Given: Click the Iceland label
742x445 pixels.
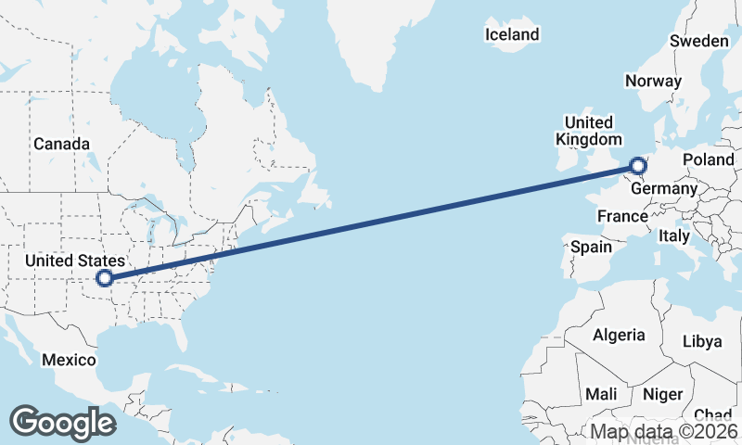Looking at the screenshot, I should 511,35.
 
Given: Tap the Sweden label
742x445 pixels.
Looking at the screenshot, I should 699,41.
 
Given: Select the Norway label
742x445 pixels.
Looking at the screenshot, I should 653,81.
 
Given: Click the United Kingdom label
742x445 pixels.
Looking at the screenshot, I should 588,131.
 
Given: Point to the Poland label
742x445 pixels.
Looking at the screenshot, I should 708,159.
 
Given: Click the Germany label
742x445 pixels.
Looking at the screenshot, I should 663,189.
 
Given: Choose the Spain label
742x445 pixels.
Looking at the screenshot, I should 591,248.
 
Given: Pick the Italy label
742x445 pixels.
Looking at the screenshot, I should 673,236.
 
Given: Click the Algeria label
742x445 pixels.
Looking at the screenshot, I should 619,335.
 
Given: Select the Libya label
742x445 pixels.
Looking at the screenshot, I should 701,341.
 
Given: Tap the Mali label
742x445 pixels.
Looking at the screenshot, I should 601,394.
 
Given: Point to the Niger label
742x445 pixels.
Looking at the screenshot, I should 662,394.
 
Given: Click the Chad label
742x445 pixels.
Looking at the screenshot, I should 712,414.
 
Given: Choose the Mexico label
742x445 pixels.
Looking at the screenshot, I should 69,360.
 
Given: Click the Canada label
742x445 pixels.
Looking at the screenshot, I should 61,144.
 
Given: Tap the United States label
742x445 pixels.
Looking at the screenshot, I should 73,261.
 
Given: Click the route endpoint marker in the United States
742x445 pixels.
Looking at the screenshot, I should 105,277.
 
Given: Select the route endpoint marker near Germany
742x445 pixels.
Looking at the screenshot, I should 637,167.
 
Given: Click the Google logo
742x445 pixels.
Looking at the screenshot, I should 63,422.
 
